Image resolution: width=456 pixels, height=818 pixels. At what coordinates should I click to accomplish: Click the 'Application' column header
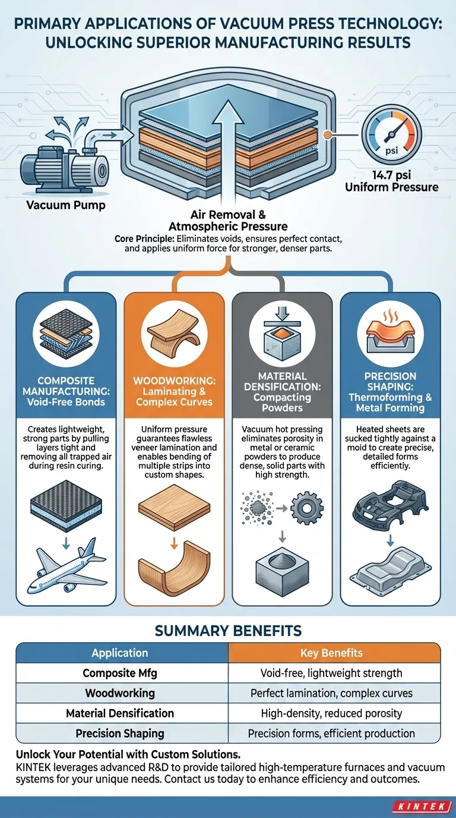point(120,653)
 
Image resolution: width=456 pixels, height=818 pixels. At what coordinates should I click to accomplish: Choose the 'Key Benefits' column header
point(331,653)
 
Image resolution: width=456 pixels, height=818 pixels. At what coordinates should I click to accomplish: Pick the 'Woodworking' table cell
point(120,693)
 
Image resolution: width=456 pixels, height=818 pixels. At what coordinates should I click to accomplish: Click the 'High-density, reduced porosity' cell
point(331,713)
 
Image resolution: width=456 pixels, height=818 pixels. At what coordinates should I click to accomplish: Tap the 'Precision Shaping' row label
point(120,733)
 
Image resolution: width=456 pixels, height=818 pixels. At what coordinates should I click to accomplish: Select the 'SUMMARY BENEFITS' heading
point(228,630)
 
